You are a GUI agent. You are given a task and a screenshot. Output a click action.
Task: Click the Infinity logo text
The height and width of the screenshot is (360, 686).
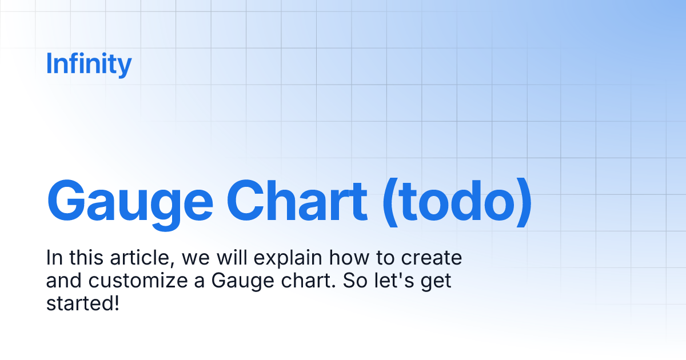pyautogui.click(x=89, y=64)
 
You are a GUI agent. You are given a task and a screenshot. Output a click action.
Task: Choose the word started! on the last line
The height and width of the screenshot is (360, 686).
pyautogui.click(x=82, y=303)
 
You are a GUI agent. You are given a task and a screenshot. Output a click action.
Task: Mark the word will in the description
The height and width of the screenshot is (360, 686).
pyautogui.click(x=231, y=259)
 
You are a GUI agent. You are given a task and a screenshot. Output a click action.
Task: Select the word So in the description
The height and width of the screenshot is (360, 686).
pyautogui.click(x=354, y=281)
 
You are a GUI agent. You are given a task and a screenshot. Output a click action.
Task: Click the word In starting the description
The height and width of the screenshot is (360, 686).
pyautogui.click(x=53, y=259)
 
